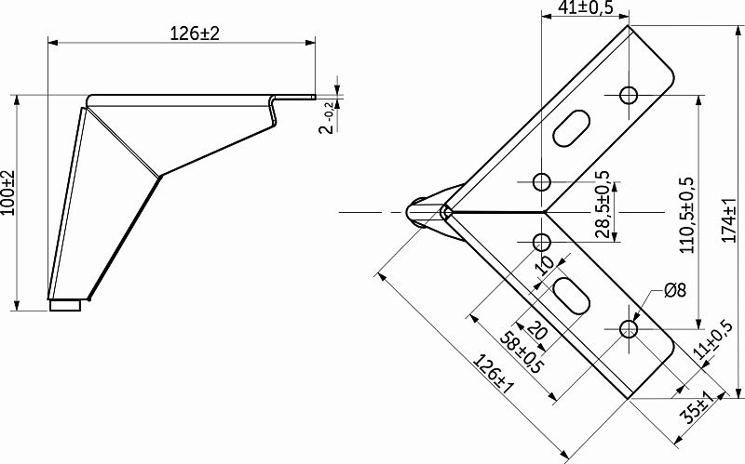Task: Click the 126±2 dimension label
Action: point(195,33)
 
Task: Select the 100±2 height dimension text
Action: point(8,192)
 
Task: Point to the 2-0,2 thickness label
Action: point(329,118)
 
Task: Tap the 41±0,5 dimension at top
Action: point(586,7)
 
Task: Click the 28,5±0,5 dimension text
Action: point(602,204)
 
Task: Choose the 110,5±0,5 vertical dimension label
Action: point(687,215)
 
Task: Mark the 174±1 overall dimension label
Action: point(729,220)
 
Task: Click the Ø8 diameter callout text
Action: point(675,290)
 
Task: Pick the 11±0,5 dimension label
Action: point(712,338)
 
